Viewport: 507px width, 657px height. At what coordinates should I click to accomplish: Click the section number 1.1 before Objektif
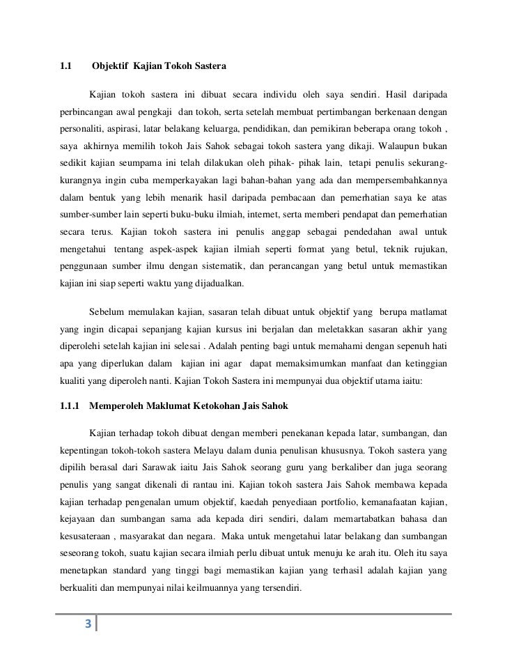(x=67, y=67)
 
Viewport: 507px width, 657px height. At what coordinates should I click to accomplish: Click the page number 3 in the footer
(x=88, y=624)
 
